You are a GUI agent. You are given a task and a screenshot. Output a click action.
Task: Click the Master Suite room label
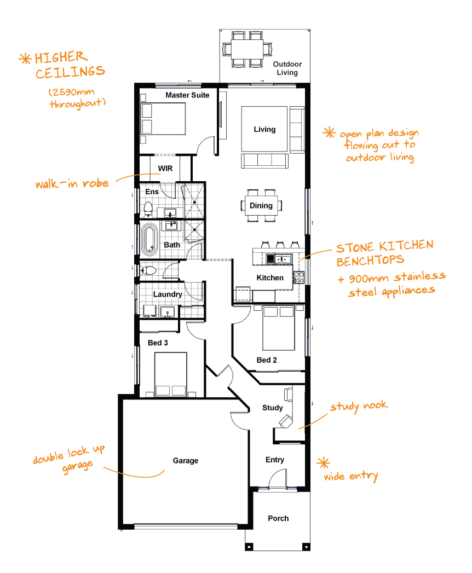pos(187,95)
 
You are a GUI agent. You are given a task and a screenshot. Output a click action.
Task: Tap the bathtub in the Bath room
pos(149,240)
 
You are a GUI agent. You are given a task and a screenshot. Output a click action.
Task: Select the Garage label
pos(186,460)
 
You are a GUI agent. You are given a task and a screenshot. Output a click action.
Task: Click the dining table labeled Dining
pos(261,205)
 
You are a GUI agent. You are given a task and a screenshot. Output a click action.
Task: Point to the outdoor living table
pos(247,49)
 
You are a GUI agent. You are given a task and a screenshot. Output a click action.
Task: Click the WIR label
pos(165,169)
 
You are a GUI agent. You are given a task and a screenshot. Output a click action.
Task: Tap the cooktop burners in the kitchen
pos(299,277)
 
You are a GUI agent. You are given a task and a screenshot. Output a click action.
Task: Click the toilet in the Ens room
pos(148,209)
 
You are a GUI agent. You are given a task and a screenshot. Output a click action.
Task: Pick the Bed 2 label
pos(267,360)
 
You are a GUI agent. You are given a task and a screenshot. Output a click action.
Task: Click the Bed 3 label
pos(158,343)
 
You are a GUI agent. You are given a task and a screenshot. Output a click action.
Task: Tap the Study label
pos(272,408)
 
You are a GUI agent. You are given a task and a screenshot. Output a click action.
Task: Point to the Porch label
pos(278,518)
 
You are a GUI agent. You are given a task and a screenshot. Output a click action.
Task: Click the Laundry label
pos(168,294)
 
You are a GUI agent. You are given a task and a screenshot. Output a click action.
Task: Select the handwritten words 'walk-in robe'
pos(72,183)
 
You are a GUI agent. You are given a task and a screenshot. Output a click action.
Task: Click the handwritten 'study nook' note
pos(359,407)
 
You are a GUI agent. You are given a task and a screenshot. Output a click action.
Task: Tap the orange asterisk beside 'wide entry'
pos(323,463)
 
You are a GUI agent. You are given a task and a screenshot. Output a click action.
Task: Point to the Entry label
pos(274,460)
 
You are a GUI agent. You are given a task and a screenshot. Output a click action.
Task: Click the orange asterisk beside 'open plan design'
pos(329,132)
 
